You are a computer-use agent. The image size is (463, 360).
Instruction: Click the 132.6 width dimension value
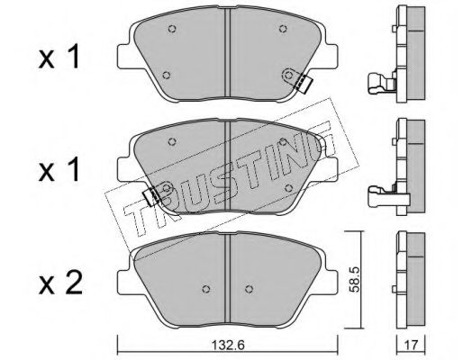coord(229,346)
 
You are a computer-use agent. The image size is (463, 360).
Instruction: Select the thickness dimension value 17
coord(411,346)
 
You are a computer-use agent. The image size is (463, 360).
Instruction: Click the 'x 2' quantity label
coord(60,284)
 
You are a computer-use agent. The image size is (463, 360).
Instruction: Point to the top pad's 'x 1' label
coord(59,57)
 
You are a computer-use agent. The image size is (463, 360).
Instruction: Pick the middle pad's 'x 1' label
coord(59,169)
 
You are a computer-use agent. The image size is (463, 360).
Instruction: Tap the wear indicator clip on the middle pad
coord(153,195)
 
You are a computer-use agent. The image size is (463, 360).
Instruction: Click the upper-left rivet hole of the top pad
coord(172,29)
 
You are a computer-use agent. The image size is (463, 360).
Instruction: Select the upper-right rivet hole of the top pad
coord(283,29)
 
